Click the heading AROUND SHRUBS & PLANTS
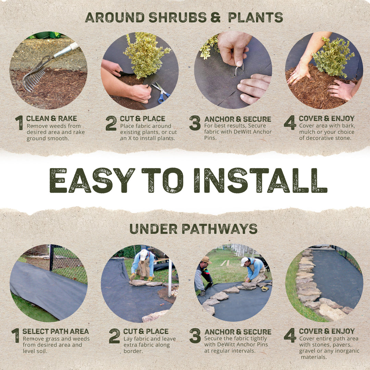point(184,17)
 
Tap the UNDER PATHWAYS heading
point(193,229)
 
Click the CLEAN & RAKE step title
point(51,119)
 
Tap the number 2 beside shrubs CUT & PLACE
point(111,123)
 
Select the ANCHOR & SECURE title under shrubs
point(237,119)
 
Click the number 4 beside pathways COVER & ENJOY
point(289,335)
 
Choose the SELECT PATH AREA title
point(56,331)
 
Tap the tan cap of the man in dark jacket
point(206,260)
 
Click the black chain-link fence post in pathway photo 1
point(51,257)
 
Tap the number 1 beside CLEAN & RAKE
point(19,123)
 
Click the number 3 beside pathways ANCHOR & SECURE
point(195,336)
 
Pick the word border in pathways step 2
point(132,351)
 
